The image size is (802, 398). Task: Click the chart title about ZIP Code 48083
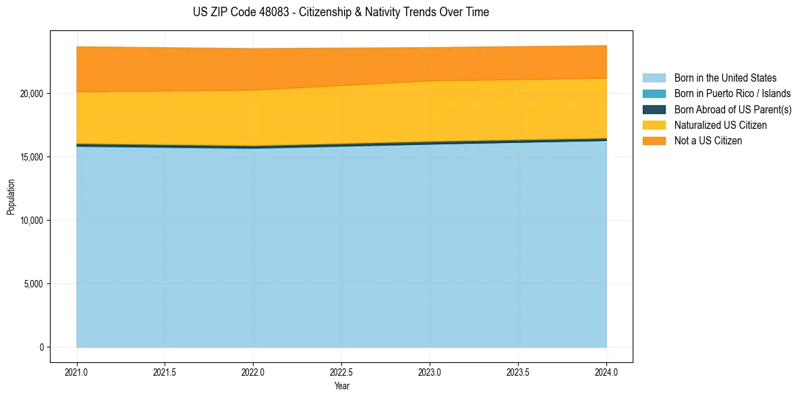click(341, 12)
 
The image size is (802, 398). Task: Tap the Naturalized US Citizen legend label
click(720, 125)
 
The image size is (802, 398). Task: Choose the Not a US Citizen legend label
click(708, 141)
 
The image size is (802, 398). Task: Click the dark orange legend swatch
click(654, 141)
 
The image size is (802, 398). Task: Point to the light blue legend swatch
click(654, 78)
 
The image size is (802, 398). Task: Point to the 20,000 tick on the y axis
click(31, 93)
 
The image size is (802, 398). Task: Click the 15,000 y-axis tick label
click(31, 157)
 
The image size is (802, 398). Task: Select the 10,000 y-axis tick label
click(31, 220)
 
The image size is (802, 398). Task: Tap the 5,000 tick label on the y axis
click(33, 283)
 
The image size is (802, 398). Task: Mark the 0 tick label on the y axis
click(42, 347)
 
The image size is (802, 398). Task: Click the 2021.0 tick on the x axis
click(77, 372)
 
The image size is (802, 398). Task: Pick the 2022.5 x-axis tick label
click(341, 372)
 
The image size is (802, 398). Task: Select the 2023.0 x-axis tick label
click(430, 372)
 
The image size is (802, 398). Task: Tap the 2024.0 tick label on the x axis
click(606, 372)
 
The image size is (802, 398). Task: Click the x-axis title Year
click(341, 386)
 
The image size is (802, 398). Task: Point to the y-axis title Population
click(11, 197)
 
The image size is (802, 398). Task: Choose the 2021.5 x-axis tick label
click(165, 372)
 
